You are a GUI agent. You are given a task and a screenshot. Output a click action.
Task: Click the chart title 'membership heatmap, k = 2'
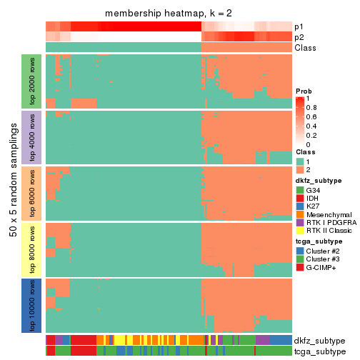click(168, 14)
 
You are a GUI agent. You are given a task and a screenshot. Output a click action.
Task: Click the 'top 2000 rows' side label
click(33, 81)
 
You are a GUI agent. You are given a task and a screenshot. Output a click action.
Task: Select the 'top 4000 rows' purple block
click(33, 137)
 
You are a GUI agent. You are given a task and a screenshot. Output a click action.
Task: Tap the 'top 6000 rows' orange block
click(33, 193)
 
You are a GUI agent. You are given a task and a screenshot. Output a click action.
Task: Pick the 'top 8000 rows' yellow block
click(33, 249)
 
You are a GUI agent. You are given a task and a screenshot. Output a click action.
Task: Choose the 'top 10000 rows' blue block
click(33, 305)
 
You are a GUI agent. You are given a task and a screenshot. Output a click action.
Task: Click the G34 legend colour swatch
click(299, 191)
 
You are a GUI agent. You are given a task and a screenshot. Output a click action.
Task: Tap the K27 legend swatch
click(299, 209)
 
